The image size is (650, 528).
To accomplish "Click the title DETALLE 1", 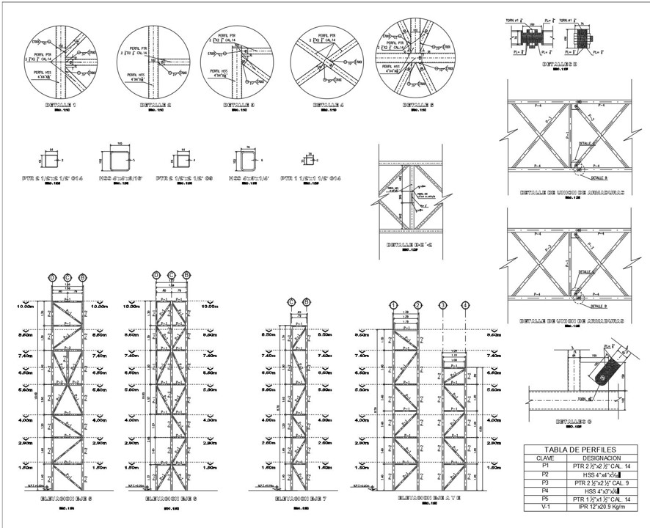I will (57, 106).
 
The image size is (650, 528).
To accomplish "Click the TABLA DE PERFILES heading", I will (579, 450).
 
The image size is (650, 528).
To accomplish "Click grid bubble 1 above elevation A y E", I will (394, 305).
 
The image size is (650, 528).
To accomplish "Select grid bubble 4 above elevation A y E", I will (465, 305).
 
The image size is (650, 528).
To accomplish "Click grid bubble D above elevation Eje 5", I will (52, 277).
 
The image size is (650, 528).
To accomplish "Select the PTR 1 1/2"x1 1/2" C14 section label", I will (311, 178).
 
